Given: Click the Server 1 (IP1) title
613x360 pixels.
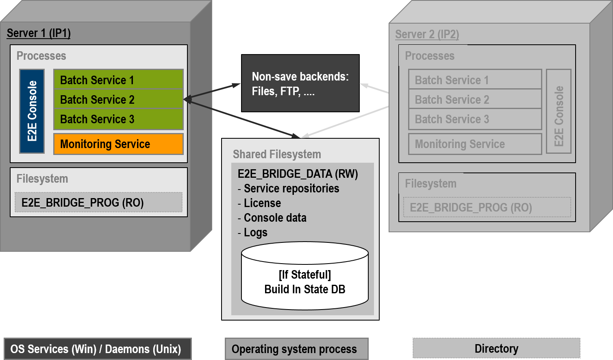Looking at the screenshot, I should [x=39, y=33].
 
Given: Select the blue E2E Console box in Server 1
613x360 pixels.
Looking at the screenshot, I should [x=32, y=111].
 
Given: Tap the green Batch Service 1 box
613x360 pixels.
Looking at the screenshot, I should [x=118, y=80].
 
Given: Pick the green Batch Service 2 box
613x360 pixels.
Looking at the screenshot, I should [x=118, y=99].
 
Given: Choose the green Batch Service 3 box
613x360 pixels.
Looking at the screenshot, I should [x=118, y=119].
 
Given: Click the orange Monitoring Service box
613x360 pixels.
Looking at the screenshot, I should [x=118, y=144].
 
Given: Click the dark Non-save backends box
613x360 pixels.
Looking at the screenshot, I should [x=300, y=83].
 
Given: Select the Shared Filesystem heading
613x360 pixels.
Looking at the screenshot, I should [x=277, y=155].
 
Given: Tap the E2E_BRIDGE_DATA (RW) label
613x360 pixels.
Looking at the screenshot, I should [x=298, y=174].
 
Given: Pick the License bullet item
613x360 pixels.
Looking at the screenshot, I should [x=262, y=203].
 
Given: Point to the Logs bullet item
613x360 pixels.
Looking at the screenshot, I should [x=255, y=233].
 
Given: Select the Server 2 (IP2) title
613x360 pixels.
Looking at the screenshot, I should [x=427, y=35].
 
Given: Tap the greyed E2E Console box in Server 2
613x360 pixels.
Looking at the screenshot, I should [x=559, y=111].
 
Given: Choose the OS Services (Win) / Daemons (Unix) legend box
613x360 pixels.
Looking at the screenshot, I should [x=97, y=349].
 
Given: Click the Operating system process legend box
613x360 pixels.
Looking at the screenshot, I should [x=296, y=349].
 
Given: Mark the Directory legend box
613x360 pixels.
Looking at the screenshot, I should [x=496, y=349].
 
